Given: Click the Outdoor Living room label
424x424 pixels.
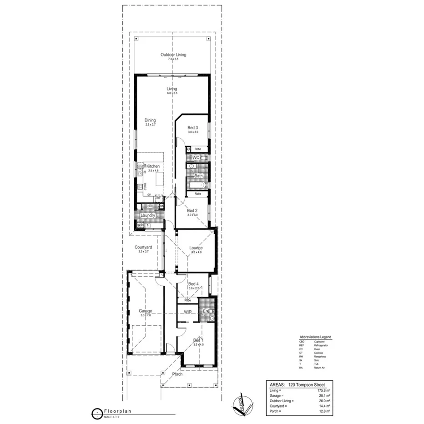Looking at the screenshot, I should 173,55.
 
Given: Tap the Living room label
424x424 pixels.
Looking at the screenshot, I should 172,89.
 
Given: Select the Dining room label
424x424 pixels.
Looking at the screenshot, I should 150,120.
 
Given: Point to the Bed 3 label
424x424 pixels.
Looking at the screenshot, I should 193,127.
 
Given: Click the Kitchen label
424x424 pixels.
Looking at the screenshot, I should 153,167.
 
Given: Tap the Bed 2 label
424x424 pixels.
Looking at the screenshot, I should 192,211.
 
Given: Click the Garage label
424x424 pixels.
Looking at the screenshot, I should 146,311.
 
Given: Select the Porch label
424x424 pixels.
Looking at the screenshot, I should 177,374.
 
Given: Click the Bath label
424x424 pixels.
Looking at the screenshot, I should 198,176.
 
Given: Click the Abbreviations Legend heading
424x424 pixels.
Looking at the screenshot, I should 315,337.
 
